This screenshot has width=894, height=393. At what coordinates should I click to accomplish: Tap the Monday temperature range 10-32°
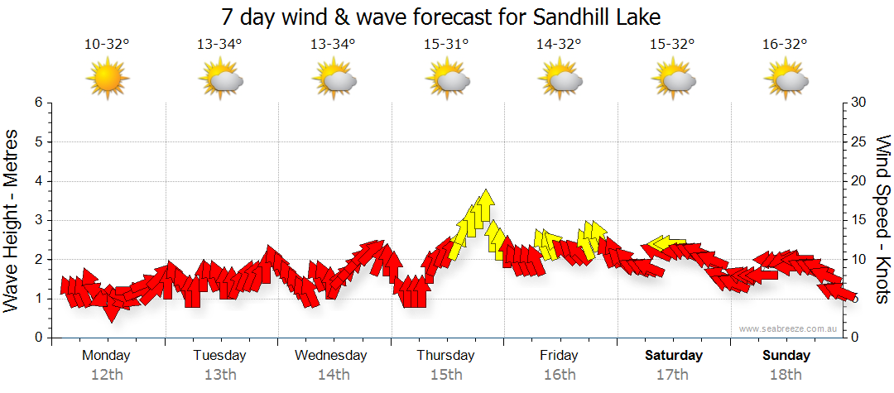click(107, 45)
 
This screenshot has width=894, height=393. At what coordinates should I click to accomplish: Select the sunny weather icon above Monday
click(108, 80)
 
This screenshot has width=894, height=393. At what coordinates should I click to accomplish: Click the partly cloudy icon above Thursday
click(448, 80)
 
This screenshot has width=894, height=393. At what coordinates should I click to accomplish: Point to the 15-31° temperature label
click(446, 45)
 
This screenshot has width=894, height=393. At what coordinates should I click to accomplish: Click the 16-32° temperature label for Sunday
click(785, 45)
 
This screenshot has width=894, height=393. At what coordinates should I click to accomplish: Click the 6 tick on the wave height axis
click(37, 103)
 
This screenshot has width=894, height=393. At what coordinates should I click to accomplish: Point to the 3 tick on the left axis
click(37, 220)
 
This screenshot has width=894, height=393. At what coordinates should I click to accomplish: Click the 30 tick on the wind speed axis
click(861, 103)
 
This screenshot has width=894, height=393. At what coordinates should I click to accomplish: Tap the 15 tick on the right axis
click(861, 220)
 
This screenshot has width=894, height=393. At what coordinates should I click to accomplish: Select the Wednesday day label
click(331, 356)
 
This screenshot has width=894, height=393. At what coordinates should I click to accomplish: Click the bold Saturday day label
click(674, 356)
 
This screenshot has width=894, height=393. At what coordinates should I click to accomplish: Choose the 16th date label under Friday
click(560, 375)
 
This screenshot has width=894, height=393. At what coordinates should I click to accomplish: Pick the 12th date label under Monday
click(107, 375)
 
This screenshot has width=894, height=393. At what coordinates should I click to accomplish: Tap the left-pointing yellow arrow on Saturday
click(662, 242)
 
